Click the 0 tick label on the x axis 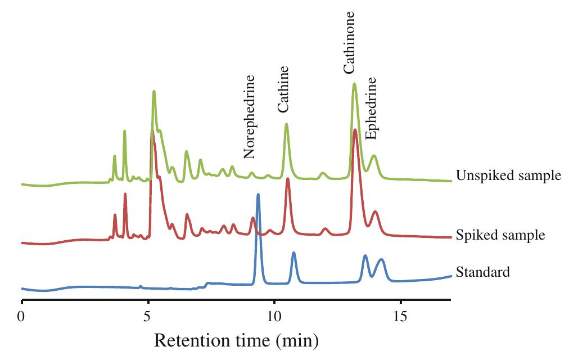pyautogui.click(x=21, y=316)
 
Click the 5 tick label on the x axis pyautogui.click(x=148, y=316)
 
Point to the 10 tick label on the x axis pyautogui.click(x=274, y=316)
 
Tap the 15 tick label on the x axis pyautogui.click(x=400, y=316)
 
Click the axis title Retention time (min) pyautogui.click(x=236, y=340)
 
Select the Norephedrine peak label pyautogui.click(x=250, y=117)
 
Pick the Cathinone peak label pyautogui.click(x=349, y=42)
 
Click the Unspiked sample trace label pyautogui.click(x=509, y=175)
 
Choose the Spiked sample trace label pyautogui.click(x=500, y=235)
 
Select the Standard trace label pyautogui.click(x=483, y=272)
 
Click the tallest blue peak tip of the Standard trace pyautogui.click(x=258, y=194)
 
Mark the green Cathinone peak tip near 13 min pyautogui.click(x=354, y=84)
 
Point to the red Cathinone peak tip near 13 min pyautogui.click(x=355, y=130)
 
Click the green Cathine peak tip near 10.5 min pyautogui.click(x=286, y=124)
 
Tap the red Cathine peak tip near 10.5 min pyautogui.click(x=287, y=179)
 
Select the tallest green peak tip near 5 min pyautogui.click(x=153, y=91)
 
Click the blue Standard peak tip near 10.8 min pyautogui.click(x=293, y=253)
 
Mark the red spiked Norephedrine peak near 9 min pyautogui.click(x=252, y=218)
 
